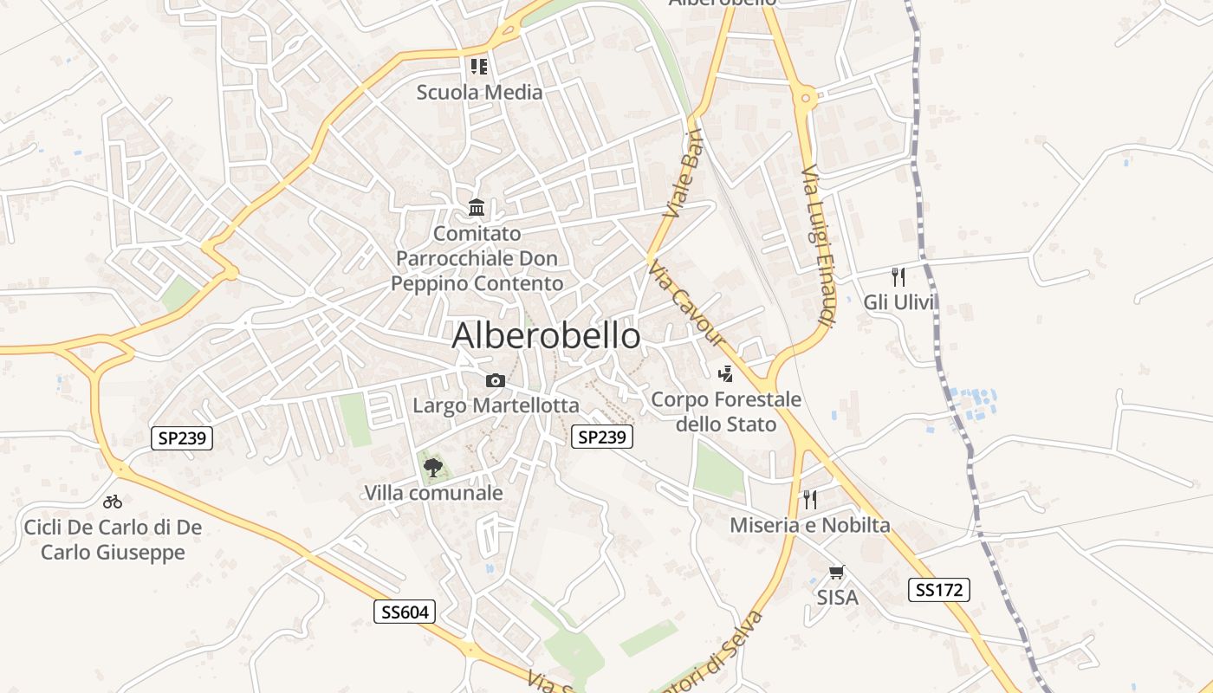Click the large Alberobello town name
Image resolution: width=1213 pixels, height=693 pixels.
click(546, 336)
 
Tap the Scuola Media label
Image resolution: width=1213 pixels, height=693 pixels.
click(479, 92)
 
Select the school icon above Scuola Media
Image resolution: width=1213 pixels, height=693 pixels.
click(479, 66)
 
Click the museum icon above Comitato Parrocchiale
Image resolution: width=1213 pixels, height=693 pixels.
click(477, 208)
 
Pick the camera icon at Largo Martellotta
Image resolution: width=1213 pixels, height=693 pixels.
click(496, 380)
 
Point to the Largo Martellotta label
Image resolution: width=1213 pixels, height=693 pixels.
click(496, 405)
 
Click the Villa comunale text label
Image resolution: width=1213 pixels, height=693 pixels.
click(433, 493)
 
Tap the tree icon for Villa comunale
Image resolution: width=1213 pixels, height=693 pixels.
click(432, 468)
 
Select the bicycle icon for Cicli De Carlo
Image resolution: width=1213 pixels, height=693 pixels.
click(113, 502)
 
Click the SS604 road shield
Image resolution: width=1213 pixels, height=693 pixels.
click(405, 612)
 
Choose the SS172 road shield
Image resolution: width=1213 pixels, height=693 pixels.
click(939, 590)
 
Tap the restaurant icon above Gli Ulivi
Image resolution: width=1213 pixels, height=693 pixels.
click(898, 277)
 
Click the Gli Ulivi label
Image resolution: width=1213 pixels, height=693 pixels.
click(900, 302)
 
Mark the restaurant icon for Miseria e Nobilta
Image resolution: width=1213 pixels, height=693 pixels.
click(810, 499)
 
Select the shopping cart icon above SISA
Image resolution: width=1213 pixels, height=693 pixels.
click(837, 572)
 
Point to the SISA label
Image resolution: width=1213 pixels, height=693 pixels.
click(838, 597)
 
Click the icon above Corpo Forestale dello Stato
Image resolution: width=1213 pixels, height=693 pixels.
click(726, 374)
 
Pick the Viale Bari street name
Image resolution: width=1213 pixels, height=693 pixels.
click(684, 173)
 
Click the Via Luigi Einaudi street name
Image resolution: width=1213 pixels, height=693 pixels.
click(817, 247)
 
